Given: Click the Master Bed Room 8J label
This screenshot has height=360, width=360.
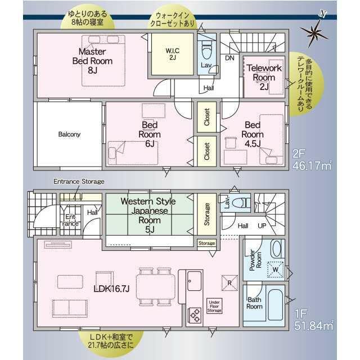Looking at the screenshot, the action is tap(92, 61).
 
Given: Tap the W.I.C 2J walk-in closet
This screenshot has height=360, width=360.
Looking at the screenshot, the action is tap(173, 54).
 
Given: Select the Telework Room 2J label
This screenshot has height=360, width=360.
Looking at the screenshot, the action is tap(264, 77).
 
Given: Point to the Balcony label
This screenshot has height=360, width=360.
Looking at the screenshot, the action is tap(69, 134).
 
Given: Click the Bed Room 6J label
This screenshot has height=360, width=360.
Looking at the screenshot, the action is tap(150, 134).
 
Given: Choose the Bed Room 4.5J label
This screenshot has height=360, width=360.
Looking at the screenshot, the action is tap(253, 134).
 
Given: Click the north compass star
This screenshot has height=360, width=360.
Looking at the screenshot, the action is tap(314, 32).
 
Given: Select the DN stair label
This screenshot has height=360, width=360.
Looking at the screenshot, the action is tap(229, 58).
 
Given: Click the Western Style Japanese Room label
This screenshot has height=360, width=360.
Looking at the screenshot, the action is tap(148, 215).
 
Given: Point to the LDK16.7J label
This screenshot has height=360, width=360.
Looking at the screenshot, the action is tap(111, 289).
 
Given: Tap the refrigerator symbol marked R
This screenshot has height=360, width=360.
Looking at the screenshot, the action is tap(229, 283).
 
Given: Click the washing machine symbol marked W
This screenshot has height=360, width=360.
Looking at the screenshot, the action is tap(276, 269).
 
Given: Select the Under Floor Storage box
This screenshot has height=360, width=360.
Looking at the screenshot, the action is tap(214, 306).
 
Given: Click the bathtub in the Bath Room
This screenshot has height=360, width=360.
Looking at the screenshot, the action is tap(275, 304).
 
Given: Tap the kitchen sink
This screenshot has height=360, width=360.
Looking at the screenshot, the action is tap(194, 281).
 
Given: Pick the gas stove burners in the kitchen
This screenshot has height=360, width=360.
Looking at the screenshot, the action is tap(195, 315).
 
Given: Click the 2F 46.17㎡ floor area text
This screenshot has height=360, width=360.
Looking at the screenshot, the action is tap(312, 160).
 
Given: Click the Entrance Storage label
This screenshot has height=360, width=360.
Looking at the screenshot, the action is tap(79, 181).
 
